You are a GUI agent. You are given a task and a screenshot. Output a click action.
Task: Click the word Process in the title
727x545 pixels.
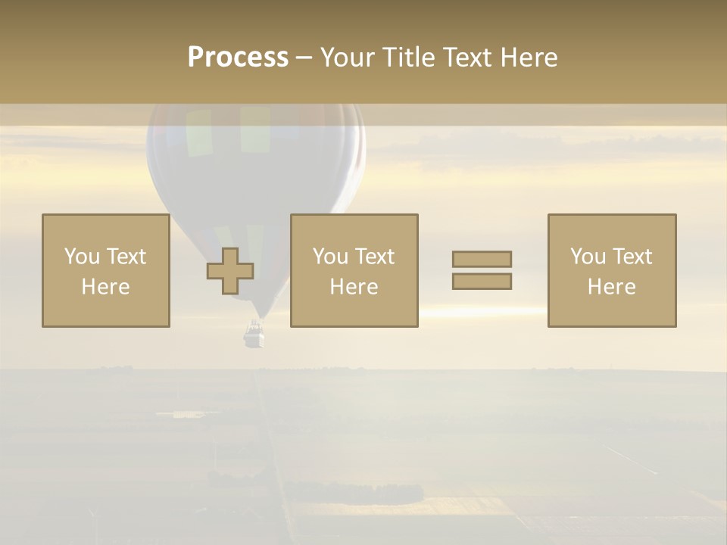[x=238, y=58]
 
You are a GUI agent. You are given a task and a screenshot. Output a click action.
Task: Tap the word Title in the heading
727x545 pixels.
[x=410, y=58]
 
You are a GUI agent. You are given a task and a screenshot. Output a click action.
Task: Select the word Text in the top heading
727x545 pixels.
[x=473, y=58]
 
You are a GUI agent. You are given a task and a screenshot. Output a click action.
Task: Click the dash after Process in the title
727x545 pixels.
[x=304, y=58]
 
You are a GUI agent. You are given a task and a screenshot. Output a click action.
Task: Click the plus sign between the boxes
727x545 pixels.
[x=230, y=271]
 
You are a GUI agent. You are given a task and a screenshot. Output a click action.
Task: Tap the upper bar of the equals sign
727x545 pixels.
[x=482, y=259]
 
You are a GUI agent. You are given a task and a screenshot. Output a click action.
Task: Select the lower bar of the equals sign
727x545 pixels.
[x=482, y=282]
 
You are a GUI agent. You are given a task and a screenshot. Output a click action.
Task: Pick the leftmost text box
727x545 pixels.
[x=106, y=270]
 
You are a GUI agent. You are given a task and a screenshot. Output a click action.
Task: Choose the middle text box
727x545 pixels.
[x=354, y=270]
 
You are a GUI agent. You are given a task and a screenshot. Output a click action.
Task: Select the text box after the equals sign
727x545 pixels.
[x=612, y=270]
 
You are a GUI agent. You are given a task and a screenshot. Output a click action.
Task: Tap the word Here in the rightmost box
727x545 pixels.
[x=612, y=287]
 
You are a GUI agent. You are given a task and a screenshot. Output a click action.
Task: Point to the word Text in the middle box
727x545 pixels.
[x=375, y=257]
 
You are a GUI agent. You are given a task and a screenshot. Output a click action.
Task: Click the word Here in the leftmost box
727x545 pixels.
[x=106, y=287]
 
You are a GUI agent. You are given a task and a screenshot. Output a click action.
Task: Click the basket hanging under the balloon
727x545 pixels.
[x=254, y=334]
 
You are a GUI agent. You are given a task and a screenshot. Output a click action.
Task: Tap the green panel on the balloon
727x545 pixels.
[x=255, y=128]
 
